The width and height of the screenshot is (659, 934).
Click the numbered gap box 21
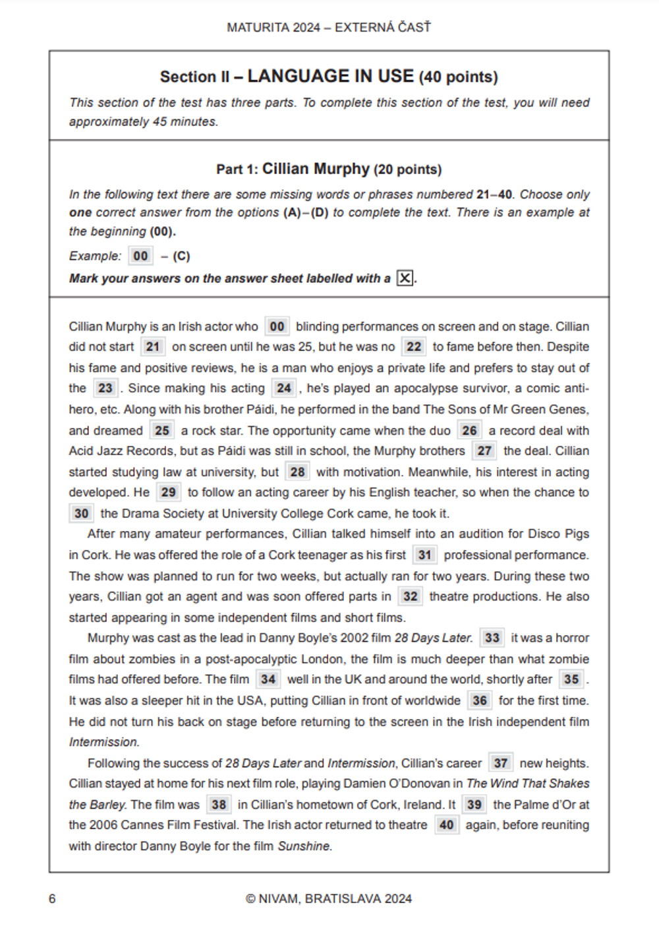click(153, 347)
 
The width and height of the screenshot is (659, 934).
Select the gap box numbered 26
click(469, 431)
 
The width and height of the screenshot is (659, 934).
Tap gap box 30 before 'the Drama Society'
click(81, 514)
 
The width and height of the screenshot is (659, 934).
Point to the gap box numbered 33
click(492, 638)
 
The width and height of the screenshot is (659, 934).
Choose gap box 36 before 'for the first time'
click(480, 700)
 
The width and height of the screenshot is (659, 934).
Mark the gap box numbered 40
click(446, 825)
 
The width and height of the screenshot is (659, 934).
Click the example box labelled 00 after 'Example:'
click(140, 256)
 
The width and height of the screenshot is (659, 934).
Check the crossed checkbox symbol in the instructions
click(405, 278)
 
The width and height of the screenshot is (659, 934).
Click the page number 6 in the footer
click(52, 899)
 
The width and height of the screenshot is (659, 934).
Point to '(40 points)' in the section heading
click(459, 77)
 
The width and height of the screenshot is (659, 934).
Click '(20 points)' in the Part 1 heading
click(408, 170)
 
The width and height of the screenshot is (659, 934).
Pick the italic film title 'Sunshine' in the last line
click(304, 846)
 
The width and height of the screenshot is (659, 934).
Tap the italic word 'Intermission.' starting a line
click(104, 742)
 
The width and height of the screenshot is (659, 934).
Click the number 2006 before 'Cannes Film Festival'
click(103, 825)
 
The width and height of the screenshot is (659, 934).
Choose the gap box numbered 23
click(105, 389)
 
